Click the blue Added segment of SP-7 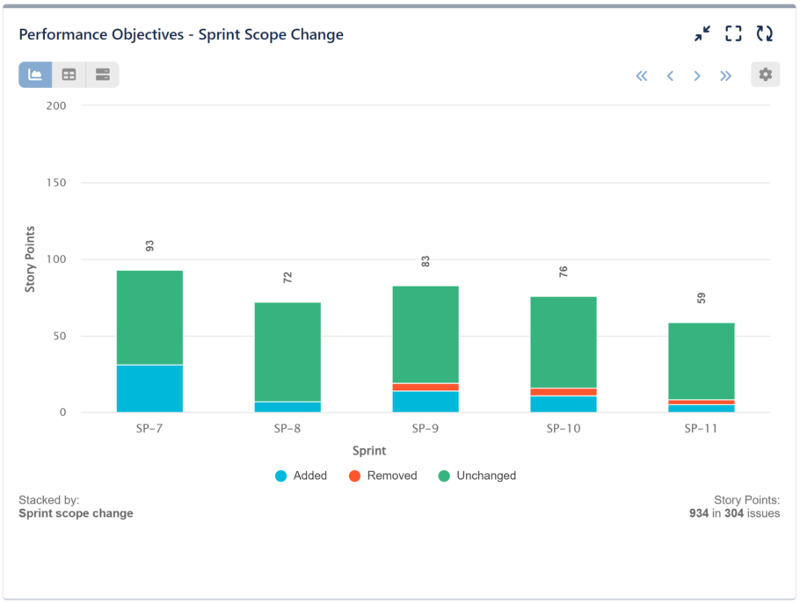149,389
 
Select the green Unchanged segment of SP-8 287,352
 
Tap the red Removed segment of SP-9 425,387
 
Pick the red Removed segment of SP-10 564,392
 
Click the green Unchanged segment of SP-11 702,360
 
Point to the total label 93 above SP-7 149,246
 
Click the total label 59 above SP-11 702,298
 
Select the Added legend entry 301,476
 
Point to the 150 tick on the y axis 56,183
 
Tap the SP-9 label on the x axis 425,429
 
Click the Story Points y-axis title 30,259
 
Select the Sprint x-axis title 369,451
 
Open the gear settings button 765,75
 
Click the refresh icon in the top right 765,34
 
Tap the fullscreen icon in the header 733,34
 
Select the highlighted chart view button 35,75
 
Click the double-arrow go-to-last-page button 725,76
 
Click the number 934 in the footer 699,513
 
